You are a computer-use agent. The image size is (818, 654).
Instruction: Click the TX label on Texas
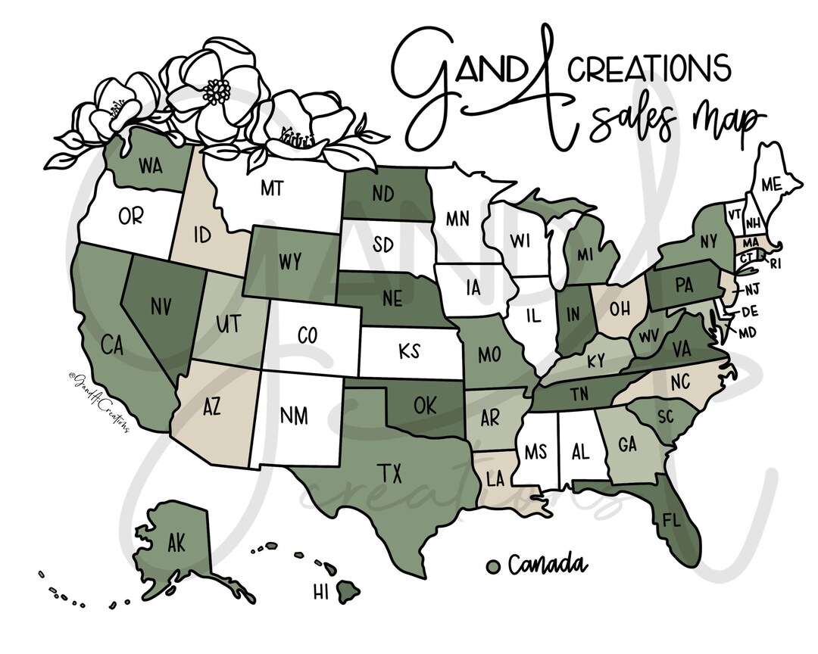[391, 474]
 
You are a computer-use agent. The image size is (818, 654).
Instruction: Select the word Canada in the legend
[547, 565]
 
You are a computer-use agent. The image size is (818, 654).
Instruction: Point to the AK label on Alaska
[176, 543]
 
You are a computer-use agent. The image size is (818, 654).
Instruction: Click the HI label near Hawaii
[320, 590]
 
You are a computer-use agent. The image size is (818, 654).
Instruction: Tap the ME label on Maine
[771, 184]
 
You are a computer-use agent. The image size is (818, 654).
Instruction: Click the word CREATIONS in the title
[650, 69]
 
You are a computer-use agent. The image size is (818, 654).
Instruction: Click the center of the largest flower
[217, 92]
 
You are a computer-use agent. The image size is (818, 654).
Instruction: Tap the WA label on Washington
[151, 165]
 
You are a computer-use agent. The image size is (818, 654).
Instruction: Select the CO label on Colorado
[307, 335]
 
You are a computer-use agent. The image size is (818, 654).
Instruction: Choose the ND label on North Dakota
[382, 195]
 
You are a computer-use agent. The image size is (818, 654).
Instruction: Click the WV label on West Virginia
[650, 335]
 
